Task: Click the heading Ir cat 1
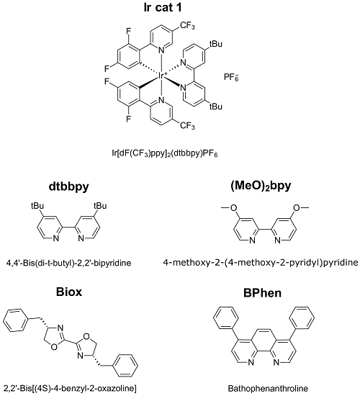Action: (163, 8)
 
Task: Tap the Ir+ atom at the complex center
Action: (162, 76)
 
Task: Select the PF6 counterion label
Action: (231, 77)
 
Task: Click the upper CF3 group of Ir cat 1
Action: (187, 26)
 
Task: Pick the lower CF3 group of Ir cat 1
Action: (187, 125)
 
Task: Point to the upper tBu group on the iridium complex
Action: (215, 44)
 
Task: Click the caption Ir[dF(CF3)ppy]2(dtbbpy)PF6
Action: (165, 153)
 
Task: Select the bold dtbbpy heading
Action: (68, 187)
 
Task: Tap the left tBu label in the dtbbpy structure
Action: (37, 206)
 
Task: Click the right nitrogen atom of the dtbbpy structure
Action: (81, 238)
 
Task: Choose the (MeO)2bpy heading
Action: (261, 186)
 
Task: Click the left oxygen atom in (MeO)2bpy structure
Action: (234, 208)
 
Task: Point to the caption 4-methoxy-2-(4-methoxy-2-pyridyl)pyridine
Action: (261, 263)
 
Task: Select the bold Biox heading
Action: (69, 292)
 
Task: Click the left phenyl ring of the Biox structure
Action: (16, 320)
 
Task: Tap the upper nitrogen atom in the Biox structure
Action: (60, 328)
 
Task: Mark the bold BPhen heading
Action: (262, 293)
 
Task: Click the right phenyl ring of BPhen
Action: (302, 318)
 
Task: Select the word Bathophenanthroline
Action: (268, 388)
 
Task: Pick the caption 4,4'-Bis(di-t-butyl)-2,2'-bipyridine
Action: (68, 263)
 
